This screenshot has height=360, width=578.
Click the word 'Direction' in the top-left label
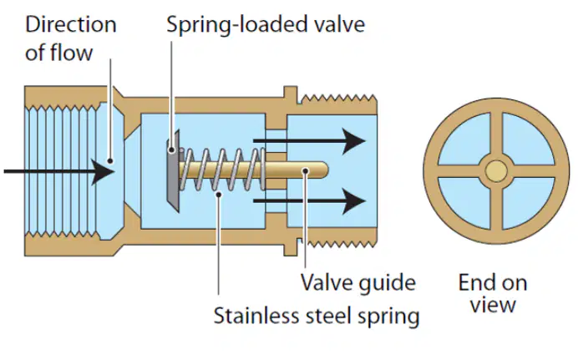pos(71,25)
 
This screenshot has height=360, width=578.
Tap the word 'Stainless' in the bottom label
pos(249,316)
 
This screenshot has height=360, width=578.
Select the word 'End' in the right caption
pos(475,283)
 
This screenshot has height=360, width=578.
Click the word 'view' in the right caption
pos(493,306)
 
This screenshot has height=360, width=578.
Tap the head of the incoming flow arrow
pos(104,171)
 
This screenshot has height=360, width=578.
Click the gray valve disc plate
pos(173,171)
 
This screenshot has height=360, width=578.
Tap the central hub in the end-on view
pos(496,171)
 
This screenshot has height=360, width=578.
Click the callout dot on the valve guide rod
pos(305,170)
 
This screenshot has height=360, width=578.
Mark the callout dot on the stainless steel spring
pos(219,194)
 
